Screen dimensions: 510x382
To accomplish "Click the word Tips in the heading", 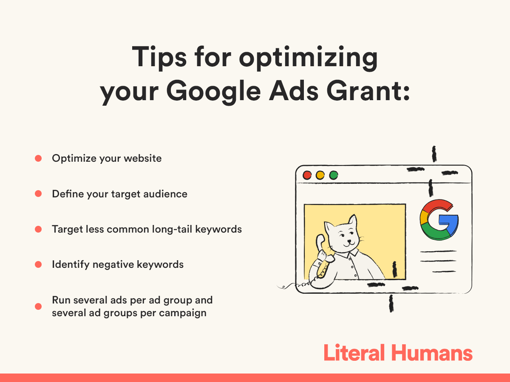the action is [159, 57].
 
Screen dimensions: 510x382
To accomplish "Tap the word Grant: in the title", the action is [368, 91].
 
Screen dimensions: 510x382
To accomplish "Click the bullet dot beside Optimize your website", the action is [38, 158].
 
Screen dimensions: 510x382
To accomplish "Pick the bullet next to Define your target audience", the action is [38, 194].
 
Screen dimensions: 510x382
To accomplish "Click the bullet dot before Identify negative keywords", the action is [38, 264].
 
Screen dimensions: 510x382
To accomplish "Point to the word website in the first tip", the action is [143, 158].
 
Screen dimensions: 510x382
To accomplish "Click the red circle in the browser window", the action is [307, 175].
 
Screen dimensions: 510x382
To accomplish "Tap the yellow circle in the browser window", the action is [320, 175].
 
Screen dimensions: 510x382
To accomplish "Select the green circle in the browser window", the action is [334, 175].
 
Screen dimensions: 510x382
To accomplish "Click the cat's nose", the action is [349, 241].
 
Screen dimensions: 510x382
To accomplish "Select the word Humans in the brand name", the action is [432, 353].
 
